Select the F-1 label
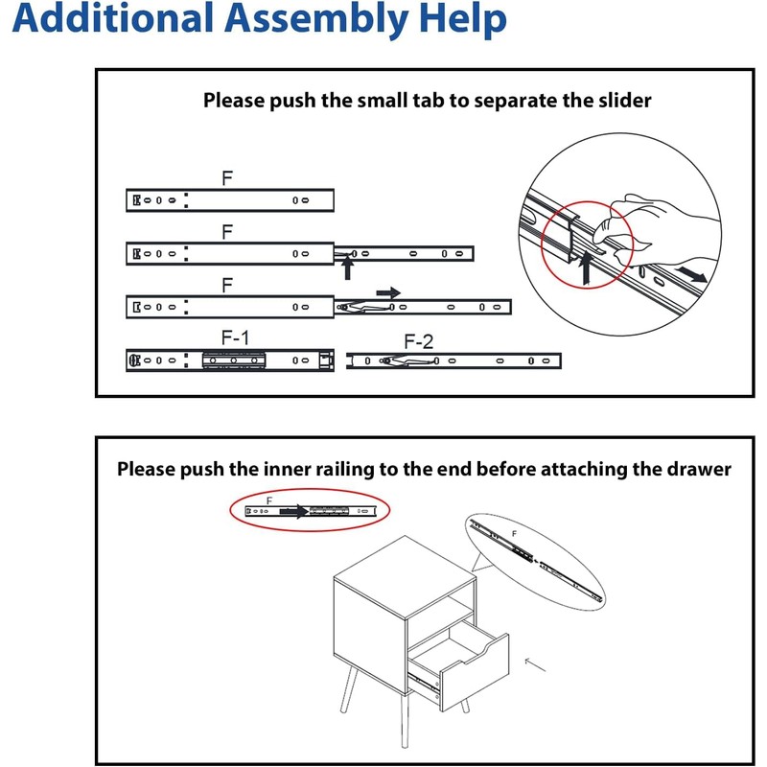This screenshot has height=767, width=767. pyautogui.click(x=235, y=337)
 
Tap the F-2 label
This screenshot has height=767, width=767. pyautogui.click(x=418, y=340)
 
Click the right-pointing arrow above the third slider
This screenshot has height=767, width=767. pyautogui.click(x=388, y=291)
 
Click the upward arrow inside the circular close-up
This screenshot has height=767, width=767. pyautogui.click(x=586, y=271)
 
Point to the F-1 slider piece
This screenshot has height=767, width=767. pyautogui.click(x=230, y=360)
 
